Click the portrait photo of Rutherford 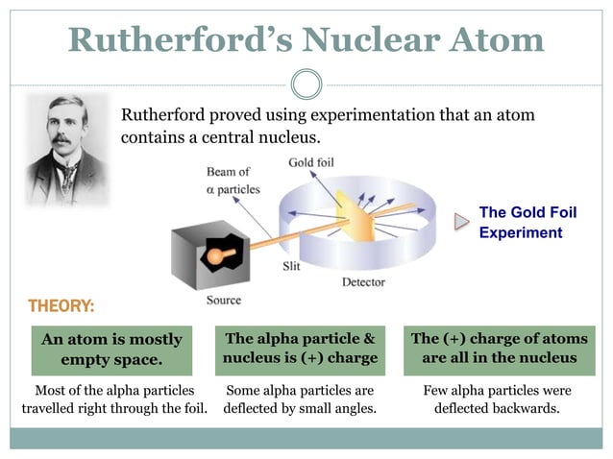65,149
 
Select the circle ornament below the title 306,84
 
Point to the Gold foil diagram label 311,162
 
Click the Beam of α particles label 232,181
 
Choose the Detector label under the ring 363,282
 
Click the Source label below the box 224,300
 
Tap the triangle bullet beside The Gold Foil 462,222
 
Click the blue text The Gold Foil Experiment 527,222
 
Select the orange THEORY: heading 61,306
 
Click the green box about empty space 111,350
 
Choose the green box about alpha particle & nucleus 299,349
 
